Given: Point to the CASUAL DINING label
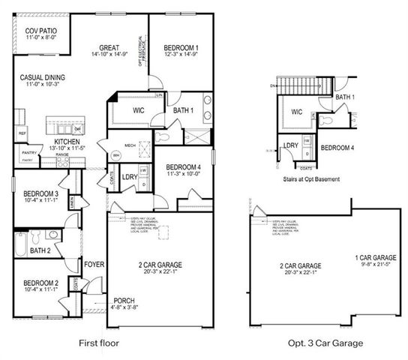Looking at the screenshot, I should click(x=42, y=76).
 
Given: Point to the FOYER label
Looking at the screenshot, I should click(x=94, y=264).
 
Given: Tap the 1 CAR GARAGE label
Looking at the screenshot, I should click(x=376, y=257).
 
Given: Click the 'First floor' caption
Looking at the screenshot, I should click(x=98, y=343).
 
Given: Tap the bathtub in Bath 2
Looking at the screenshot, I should click(x=21, y=247).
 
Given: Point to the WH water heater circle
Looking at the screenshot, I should click(x=116, y=155).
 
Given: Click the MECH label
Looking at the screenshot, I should click(x=130, y=145).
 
